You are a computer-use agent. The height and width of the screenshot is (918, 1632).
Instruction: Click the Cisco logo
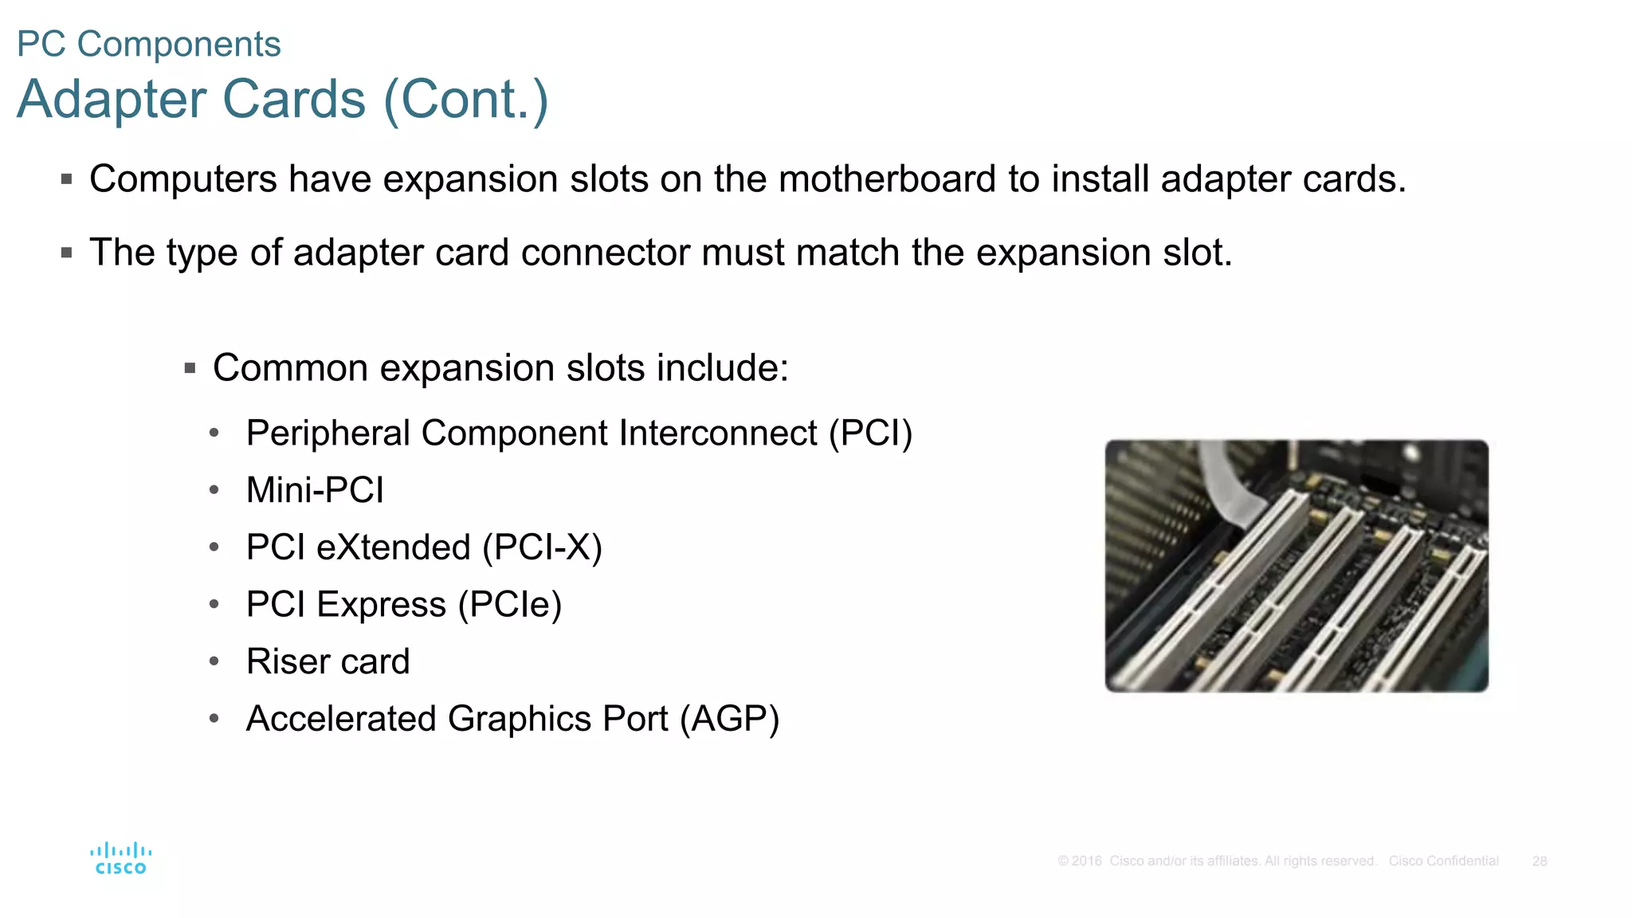120,859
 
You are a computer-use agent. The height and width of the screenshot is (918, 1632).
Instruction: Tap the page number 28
1539,861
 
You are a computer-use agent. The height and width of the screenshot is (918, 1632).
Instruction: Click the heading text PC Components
149,44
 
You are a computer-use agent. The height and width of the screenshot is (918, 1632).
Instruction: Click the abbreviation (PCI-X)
542,547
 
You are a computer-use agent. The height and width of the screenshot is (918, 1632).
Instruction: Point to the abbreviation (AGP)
729,719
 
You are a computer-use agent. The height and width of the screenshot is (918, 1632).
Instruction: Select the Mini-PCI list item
315,490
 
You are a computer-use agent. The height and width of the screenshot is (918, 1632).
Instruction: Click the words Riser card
328,661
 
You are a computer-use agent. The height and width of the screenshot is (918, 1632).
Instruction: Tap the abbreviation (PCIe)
510,605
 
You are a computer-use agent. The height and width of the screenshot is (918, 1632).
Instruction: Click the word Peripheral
328,433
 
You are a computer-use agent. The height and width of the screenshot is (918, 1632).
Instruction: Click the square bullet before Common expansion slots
190,368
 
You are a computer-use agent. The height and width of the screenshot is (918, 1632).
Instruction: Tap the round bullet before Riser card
214,661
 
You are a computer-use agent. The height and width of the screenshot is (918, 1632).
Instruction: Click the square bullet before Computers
67,179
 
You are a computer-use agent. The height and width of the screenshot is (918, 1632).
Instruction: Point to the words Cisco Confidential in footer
1443,861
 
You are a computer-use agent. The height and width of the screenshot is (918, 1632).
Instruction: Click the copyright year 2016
1086,861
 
